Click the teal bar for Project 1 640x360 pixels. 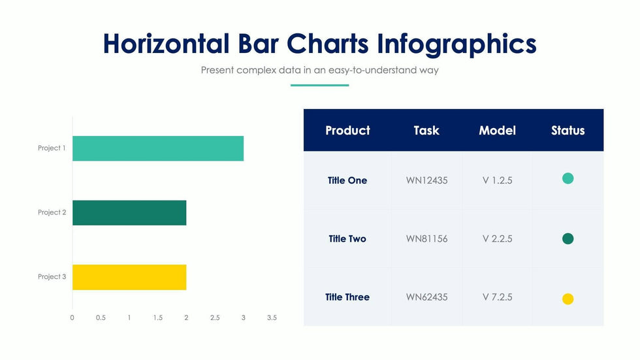pos(157,148)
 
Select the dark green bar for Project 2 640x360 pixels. pos(129,212)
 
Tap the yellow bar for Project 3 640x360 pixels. pos(129,277)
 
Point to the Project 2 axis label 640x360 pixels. pos(52,212)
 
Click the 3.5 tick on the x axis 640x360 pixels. pos(272,318)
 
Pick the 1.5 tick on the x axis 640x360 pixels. pos(157,318)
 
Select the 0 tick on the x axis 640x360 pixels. pos(72,318)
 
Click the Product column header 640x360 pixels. pos(347,131)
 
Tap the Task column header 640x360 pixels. pos(426,131)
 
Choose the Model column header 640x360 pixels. pos(497,131)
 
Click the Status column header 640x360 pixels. pos(568,131)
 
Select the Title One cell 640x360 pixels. pos(347,180)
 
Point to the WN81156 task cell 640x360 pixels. pos(426,239)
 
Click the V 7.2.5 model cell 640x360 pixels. pos(497,297)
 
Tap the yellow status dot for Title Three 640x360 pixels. pos(568,299)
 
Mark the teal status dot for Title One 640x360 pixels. pos(568,178)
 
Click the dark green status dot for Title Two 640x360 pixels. pos(568,239)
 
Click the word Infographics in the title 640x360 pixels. pos(456,44)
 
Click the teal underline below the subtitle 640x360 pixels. pos(319,85)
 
